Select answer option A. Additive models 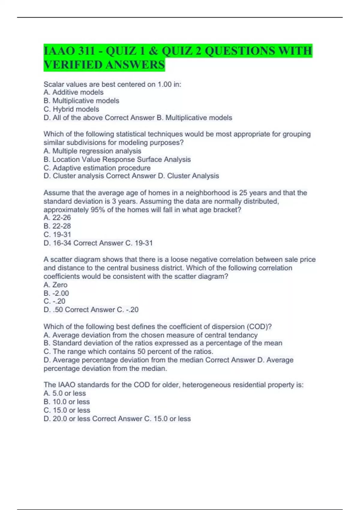click(73, 92)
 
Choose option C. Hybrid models click(71, 109)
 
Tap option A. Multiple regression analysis click(92, 151)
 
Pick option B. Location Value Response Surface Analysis click(117, 159)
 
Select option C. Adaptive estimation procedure click(97, 168)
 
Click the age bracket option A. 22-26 click(57, 217)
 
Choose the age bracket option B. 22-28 click(57, 226)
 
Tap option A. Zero click(55, 285)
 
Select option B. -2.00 click(56, 293)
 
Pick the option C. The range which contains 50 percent click(128, 352)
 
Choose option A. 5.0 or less click(65, 393)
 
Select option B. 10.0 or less click(67, 402)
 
